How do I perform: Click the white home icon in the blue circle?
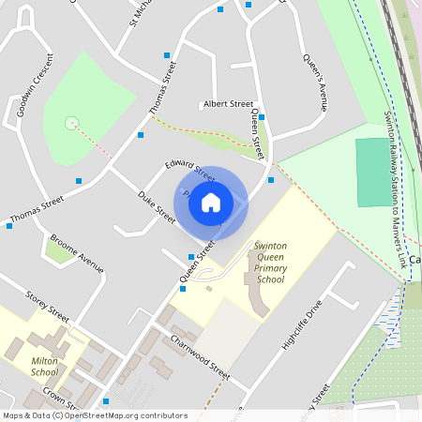[211, 202]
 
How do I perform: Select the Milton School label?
[44, 366]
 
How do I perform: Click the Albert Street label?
[228, 104]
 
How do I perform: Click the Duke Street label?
[157, 206]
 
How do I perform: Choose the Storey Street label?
[48, 303]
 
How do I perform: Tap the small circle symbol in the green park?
[70, 123]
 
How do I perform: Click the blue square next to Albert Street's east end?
[262, 117]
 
